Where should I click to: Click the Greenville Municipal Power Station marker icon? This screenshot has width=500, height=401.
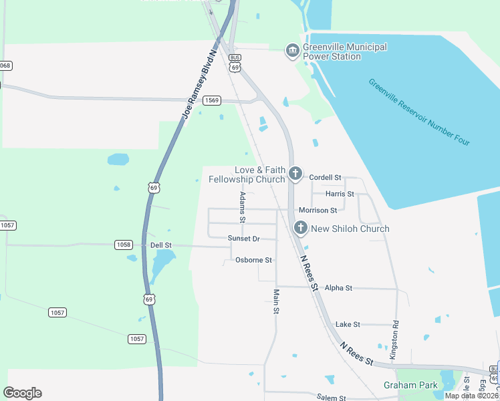click(x=292, y=51)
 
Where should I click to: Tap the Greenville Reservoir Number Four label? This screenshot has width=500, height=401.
click(x=419, y=112)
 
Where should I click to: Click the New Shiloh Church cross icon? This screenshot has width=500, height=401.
click(x=301, y=229)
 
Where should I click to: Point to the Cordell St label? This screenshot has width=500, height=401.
click(x=325, y=177)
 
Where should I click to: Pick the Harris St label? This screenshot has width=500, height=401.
click(x=340, y=194)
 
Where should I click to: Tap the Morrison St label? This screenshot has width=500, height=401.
click(x=318, y=211)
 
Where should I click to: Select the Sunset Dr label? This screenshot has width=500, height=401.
click(x=243, y=239)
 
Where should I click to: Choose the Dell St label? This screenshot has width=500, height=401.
click(x=161, y=245)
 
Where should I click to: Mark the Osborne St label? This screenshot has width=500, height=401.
click(x=253, y=260)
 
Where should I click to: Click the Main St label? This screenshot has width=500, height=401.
click(x=276, y=301)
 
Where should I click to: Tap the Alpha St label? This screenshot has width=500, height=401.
click(x=338, y=288)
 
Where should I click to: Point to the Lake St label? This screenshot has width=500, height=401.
click(x=348, y=324)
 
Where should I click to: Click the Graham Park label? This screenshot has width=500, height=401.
click(x=410, y=385)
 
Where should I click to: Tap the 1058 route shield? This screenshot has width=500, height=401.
click(x=123, y=245)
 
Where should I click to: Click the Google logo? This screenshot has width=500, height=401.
click(x=22, y=393)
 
